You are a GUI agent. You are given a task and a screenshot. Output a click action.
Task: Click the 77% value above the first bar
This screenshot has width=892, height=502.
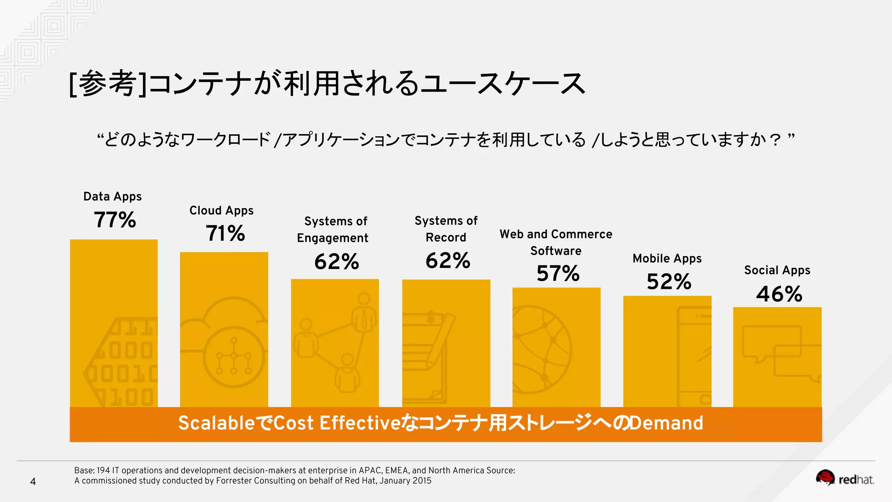coord(115,220)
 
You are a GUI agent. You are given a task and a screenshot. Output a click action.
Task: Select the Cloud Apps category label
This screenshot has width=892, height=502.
coord(221,210)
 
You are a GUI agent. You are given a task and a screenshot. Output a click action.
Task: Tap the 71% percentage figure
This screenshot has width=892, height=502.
coord(225,233)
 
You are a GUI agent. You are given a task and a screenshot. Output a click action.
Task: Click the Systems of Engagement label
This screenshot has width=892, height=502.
coord(333,229)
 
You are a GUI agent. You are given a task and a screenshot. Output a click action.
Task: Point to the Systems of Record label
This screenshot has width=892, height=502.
coord(446,229)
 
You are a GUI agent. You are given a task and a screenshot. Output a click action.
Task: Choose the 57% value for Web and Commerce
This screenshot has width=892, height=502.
coord(558,274)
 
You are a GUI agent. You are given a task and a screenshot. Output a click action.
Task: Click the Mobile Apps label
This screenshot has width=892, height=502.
coord(667,258)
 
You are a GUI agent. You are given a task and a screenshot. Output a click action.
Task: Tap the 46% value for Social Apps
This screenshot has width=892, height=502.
coord(779,294)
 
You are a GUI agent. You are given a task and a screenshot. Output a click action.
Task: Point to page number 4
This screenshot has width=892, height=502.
coord(33,482)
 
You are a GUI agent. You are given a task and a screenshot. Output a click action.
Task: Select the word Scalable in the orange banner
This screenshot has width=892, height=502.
coord(216,423)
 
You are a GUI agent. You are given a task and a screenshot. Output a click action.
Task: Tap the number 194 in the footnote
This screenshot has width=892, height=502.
coord(103,470)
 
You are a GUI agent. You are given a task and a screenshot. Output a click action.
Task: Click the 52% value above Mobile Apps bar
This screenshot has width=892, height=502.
coord(669,282)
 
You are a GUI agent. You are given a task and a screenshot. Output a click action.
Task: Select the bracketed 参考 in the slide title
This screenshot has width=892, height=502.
coord(108,83)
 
